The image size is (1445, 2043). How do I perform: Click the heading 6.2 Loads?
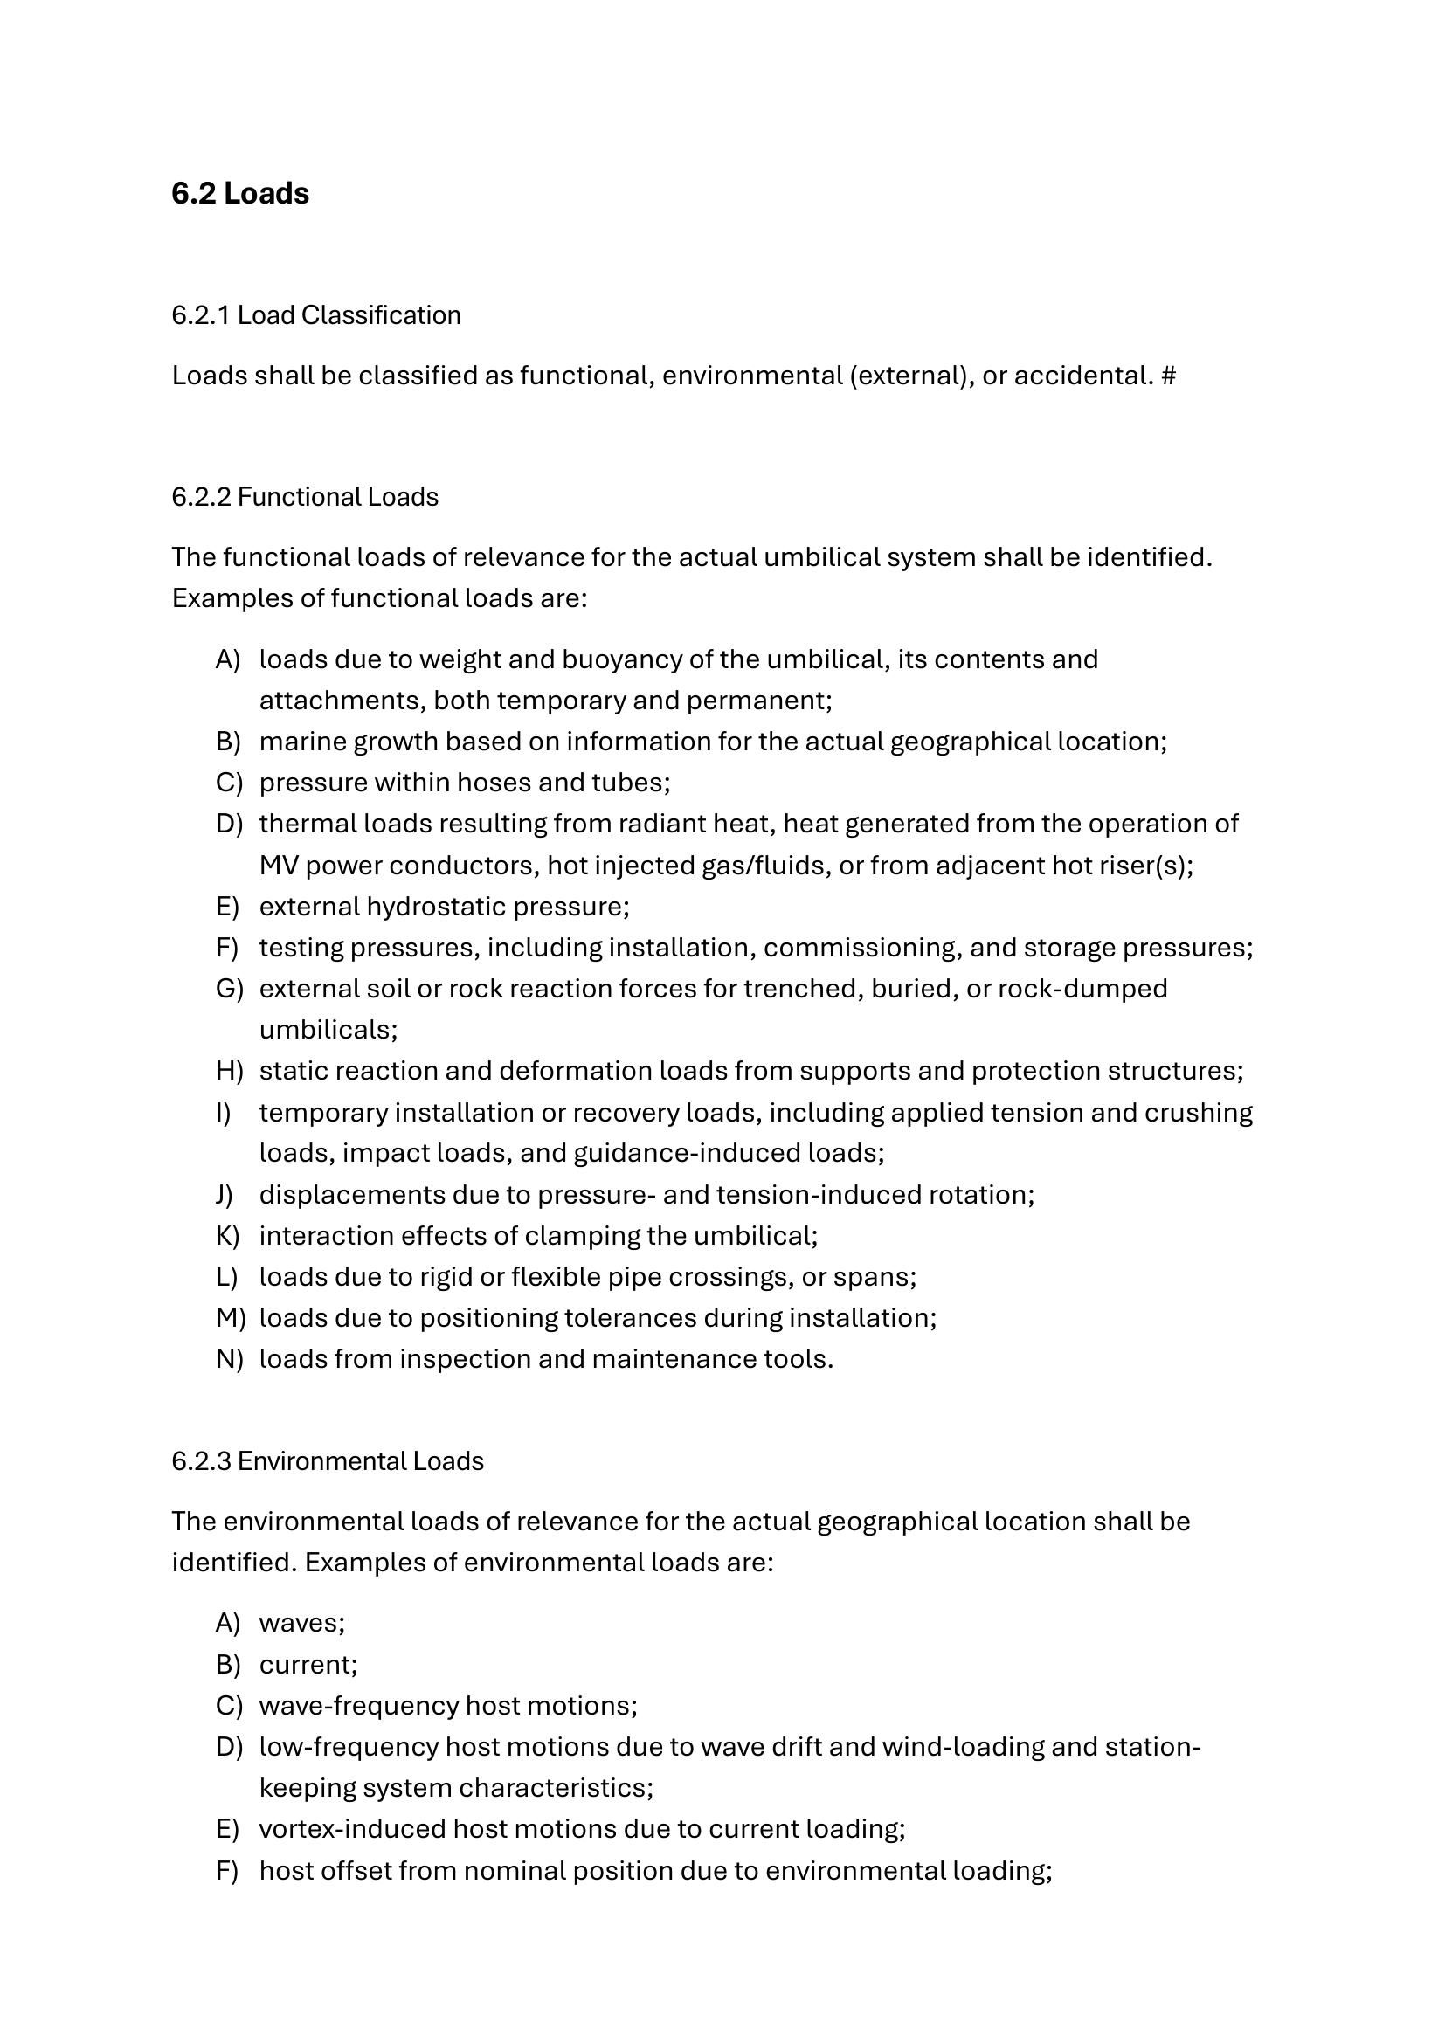(x=240, y=193)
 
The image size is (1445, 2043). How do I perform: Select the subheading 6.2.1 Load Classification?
(x=316, y=315)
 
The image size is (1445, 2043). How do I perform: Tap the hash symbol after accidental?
(x=1168, y=376)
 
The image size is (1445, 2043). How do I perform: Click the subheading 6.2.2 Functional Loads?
(x=305, y=496)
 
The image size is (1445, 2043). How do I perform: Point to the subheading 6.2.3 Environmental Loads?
(x=328, y=1461)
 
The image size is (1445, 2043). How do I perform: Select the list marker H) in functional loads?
(x=229, y=1071)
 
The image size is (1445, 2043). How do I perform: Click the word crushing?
(x=1198, y=1112)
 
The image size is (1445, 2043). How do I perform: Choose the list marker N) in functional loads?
(x=229, y=1359)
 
